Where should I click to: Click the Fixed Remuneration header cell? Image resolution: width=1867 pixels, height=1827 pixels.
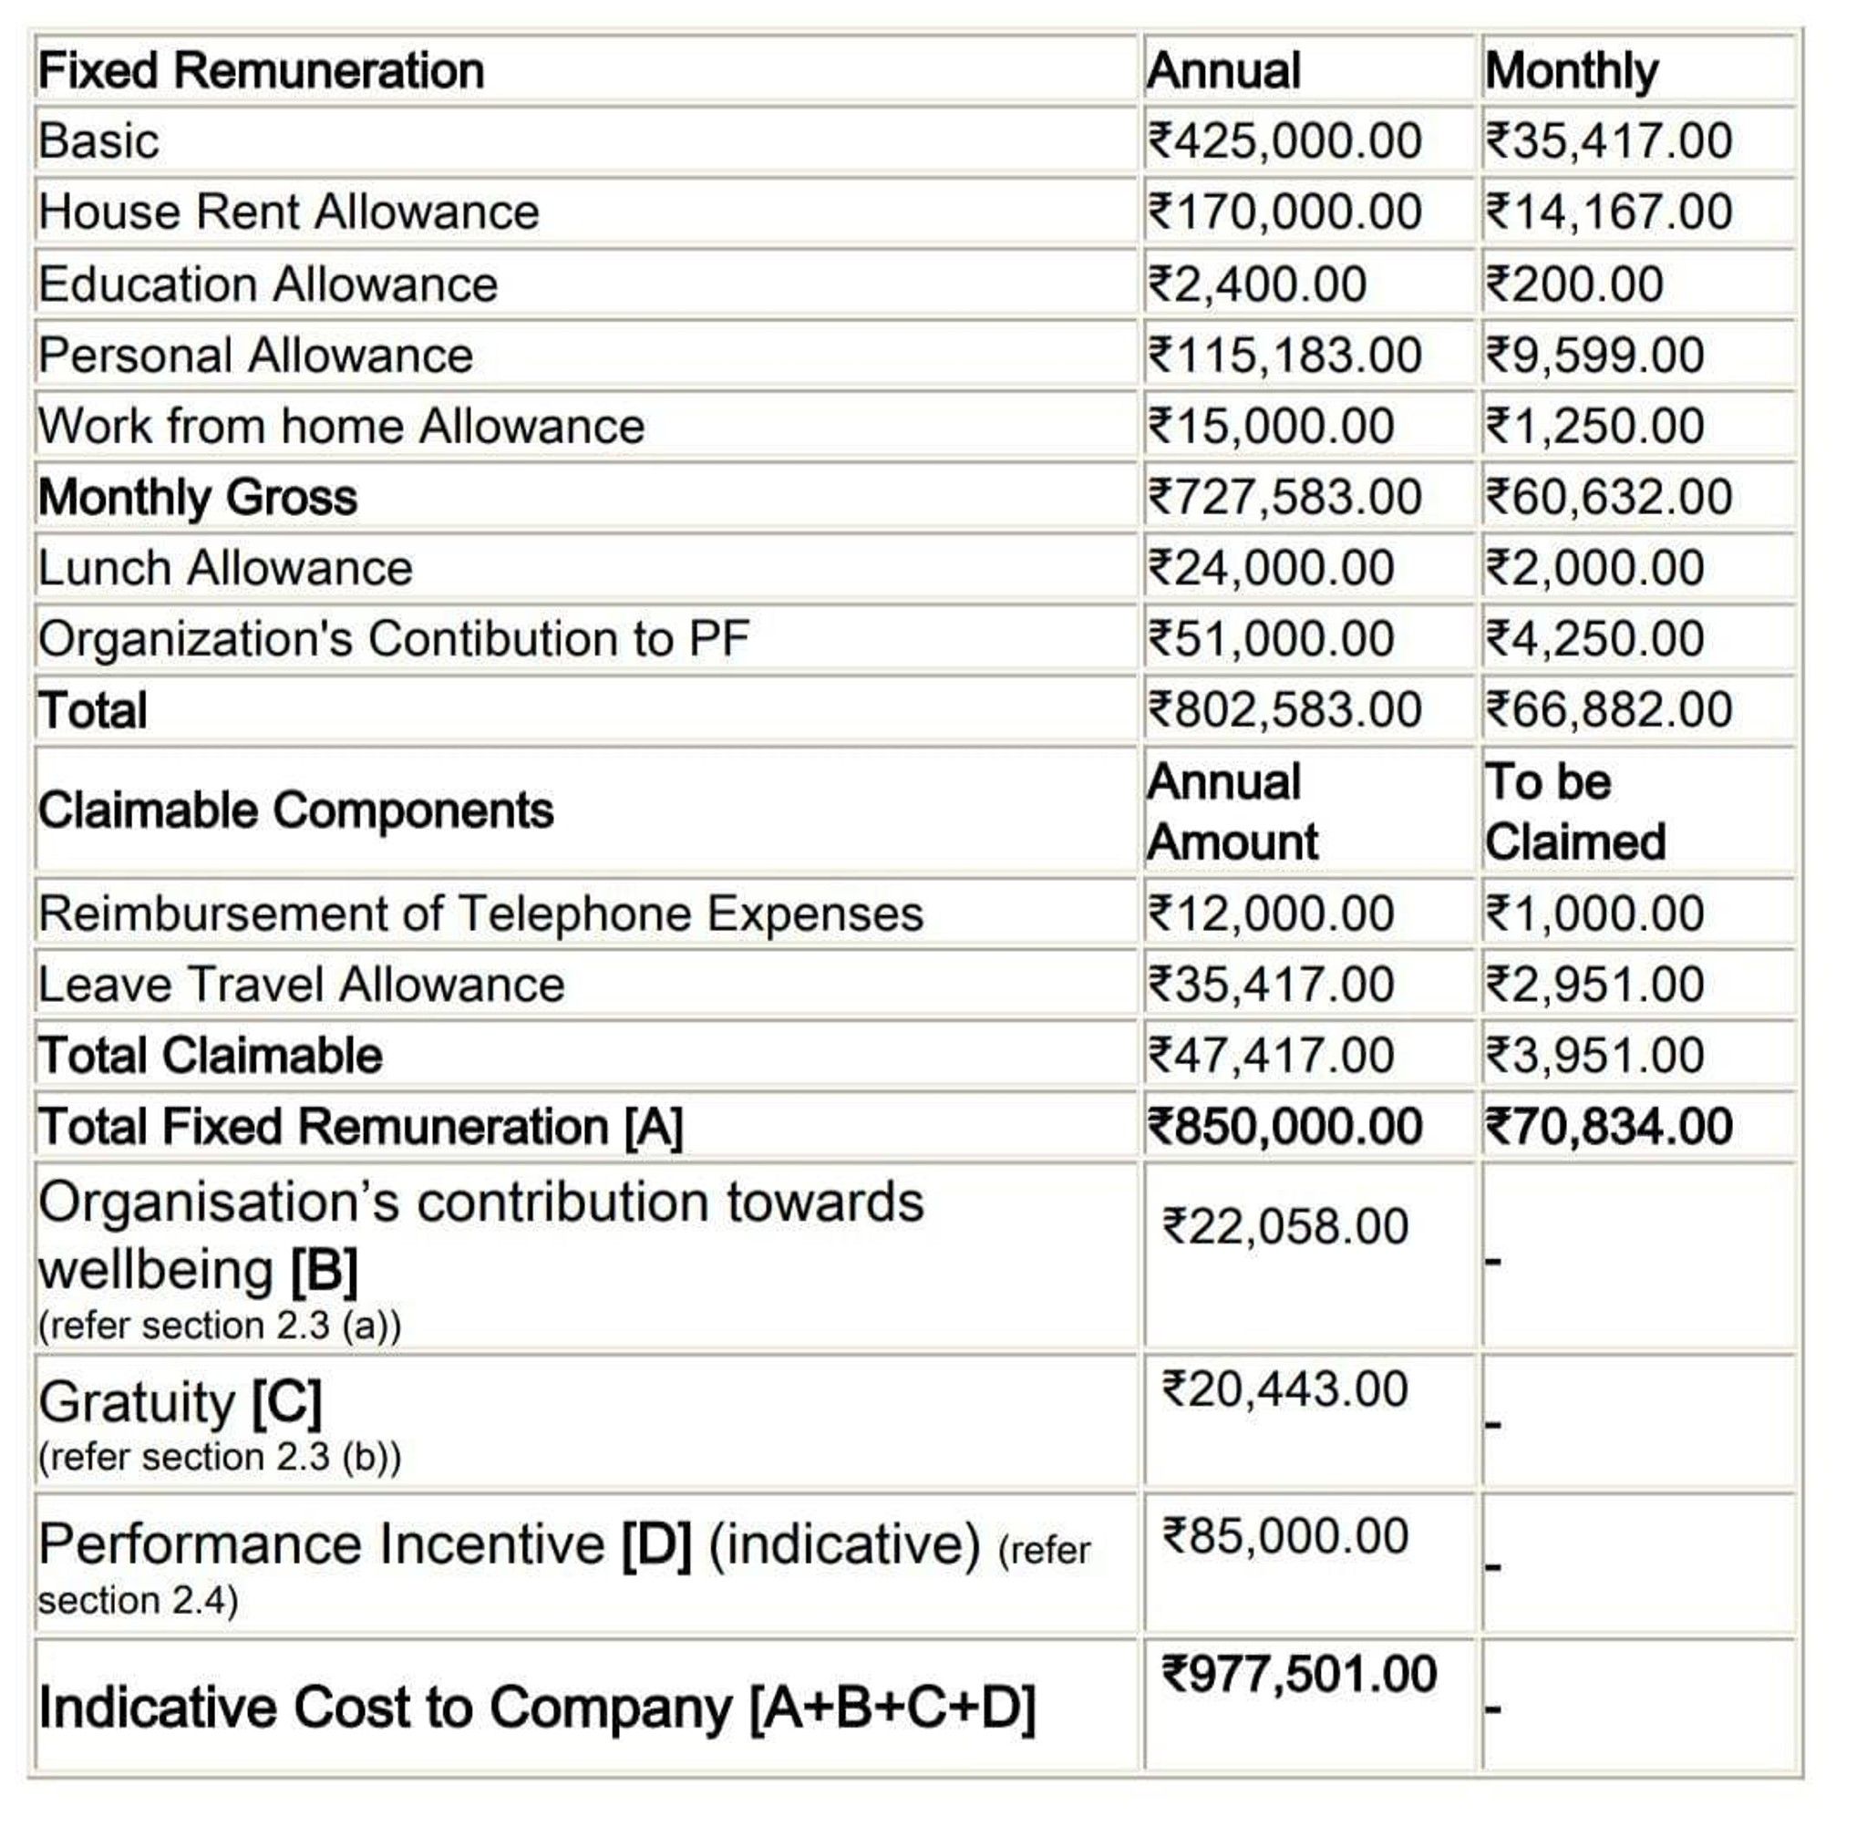pyautogui.click(x=261, y=71)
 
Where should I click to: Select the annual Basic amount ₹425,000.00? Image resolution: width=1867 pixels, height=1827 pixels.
pyautogui.click(x=1284, y=141)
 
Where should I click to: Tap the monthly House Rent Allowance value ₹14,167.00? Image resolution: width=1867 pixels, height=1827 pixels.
pyautogui.click(x=1608, y=212)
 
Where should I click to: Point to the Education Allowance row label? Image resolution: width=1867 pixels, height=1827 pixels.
pyautogui.click(x=268, y=284)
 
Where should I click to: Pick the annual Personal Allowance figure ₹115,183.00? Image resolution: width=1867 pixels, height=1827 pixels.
pyautogui.click(x=1284, y=355)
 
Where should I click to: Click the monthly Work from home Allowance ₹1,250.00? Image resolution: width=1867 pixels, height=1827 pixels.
pyautogui.click(x=1594, y=426)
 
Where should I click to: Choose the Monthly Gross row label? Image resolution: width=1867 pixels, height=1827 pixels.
pyautogui.click(x=198, y=497)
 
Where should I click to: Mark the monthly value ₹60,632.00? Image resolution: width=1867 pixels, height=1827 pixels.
pyautogui.click(x=1608, y=497)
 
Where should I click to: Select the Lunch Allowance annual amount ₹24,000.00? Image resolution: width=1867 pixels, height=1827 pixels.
pyautogui.click(x=1270, y=568)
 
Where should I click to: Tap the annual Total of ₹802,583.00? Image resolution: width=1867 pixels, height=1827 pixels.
pyautogui.click(x=1284, y=710)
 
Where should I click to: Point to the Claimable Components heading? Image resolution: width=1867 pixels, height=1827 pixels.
pyautogui.click(x=295, y=810)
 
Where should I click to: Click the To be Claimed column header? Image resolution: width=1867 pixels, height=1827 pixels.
pyautogui.click(x=1573, y=811)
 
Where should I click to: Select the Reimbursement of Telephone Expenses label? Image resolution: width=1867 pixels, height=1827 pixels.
pyautogui.click(x=480, y=913)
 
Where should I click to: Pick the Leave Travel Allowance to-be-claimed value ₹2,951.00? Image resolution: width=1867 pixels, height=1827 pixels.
pyautogui.click(x=1594, y=985)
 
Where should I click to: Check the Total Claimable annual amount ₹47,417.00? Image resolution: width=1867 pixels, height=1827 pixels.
pyautogui.click(x=1270, y=1056)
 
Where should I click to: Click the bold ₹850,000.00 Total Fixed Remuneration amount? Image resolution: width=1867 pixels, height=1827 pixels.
pyautogui.click(x=1284, y=1127)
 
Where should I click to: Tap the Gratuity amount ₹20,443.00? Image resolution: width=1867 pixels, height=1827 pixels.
pyautogui.click(x=1284, y=1389)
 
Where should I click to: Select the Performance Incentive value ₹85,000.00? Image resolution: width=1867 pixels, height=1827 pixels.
pyautogui.click(x=1284, y=1535)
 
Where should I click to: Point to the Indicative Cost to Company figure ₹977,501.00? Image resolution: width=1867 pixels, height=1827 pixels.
pyautogui.click(x=1298, y=1676)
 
